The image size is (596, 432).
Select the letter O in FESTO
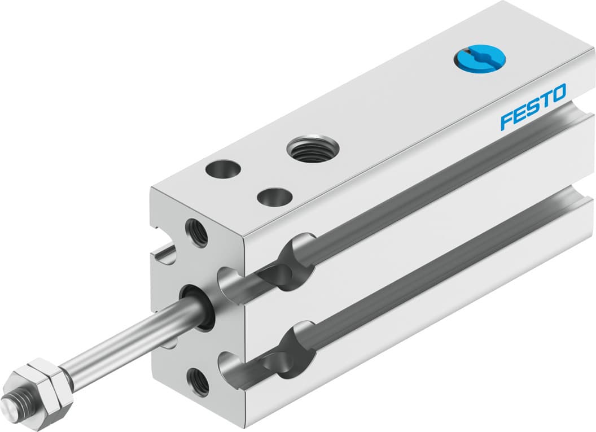pyautogui.click(x=558, y=93)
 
